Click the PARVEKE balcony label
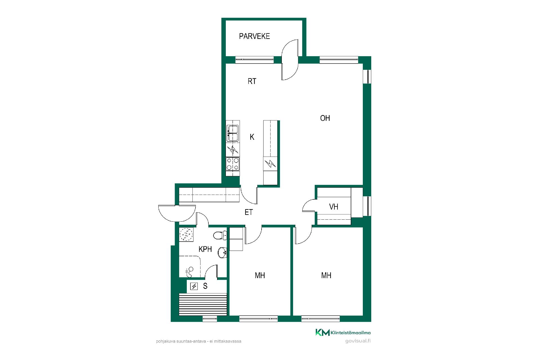(x=254, y=36)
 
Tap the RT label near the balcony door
(x=252, y=81)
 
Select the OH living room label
(x=325, y=118)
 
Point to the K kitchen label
(x=252, y=137)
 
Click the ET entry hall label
(x=249, y=212)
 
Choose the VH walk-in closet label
(x=334, y=207)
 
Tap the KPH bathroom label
(x=205, y=249)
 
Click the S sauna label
(x=205, y=286)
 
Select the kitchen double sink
(x=233, y=133)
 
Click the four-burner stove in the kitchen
(x=233, y=164)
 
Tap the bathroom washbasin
(x=222, y=252)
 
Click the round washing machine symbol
(x=186, y=234)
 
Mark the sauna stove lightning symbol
(x=194, y=286)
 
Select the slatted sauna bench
(x=203, y=304)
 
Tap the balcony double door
(x=290, y=60)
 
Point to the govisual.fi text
(x=358, y=341)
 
